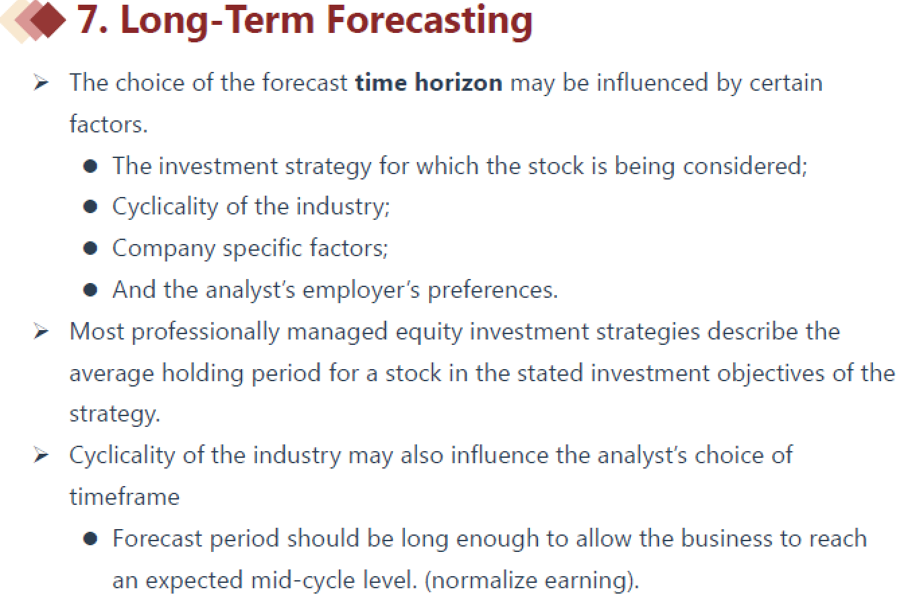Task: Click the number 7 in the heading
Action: [87, 19]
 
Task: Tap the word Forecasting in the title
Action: [429, 22]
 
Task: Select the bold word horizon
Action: [458, 83]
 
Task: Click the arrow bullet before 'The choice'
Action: [41, 83]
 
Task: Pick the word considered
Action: [745, 166]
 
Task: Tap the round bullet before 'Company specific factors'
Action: [90, 248]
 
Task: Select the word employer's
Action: [360, 290]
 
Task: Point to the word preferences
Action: [492, 290]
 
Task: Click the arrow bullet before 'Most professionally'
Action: [41, 331]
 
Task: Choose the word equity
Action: [428, 332]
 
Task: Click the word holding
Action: [202, 373]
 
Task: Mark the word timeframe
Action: [124, 497]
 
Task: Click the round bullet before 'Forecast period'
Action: [90, 538]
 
